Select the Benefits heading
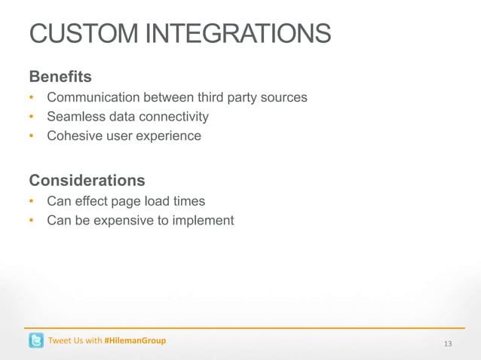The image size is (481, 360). coord(60,77)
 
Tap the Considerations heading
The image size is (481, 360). coord(87,181)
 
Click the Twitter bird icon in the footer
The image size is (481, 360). coord(36,340)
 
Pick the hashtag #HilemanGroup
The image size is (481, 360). coord(135,340)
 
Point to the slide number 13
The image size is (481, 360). coord(448,344)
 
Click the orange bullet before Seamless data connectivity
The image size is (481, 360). coord(32,117)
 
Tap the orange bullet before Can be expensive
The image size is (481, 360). coord(32,221)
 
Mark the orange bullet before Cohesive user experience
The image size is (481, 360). coord(32,137)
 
